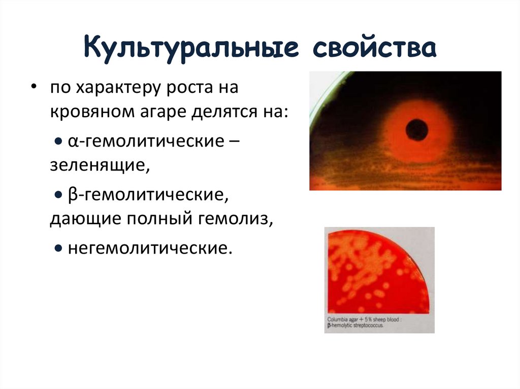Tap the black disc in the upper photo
(x=418, y=129)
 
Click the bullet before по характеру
(x=34, y=87)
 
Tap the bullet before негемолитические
(x=59, y=249)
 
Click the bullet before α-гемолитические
(x=59, y=142)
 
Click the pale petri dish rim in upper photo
(x=326, y=91)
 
